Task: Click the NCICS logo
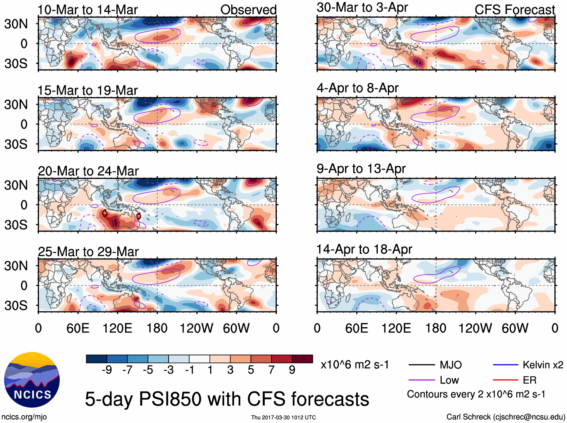(x=32, y=379)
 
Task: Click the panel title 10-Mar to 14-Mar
(x=87, y=10)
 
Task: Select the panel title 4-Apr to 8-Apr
(x=357, y=88)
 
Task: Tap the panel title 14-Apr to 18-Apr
(x=364, y=249)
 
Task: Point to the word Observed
(x=248, y=10)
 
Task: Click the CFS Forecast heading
(x=514, y=10)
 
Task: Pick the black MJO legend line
(x=421, y=365)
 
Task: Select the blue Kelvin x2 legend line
(x=505, y=365)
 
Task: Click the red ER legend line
(x=505, y=380)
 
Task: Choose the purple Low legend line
(x=421, y=380)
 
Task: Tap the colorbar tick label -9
(x=107, y=370)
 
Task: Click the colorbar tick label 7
(x=271, y=370)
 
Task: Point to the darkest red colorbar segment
(x=302, y=359)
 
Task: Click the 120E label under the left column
(x=118, y=328)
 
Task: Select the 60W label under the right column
(x=515, y=328)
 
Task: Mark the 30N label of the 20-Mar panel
(x=16, y=185)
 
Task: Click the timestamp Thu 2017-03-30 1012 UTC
(x=283, y=417)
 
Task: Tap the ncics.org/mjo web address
(x=24, y=417)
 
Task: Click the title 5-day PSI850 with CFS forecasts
(x=227, y=399)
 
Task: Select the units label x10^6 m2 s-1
(x=354, y=365)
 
